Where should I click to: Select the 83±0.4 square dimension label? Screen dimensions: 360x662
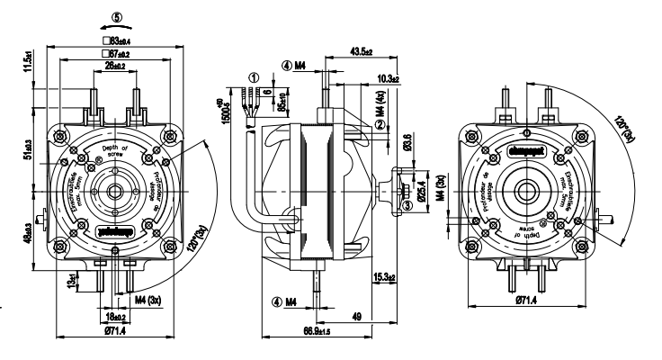point(117,40)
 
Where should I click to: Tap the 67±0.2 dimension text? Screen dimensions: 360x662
point(117,55)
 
